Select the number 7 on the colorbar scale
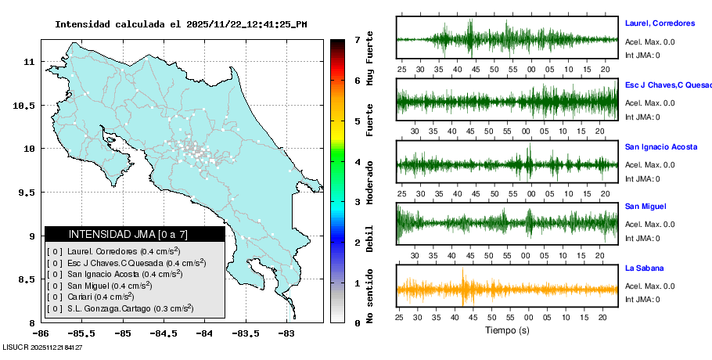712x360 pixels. click(x=357, y=39)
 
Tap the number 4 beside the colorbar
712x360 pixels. click(x=357, y=162)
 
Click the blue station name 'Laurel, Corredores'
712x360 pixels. click(x=661, y=23)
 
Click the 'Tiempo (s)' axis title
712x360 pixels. click(x=506, y=330)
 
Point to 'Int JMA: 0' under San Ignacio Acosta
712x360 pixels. click(x=642, y=178)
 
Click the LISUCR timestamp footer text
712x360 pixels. click(x=42, y=347)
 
